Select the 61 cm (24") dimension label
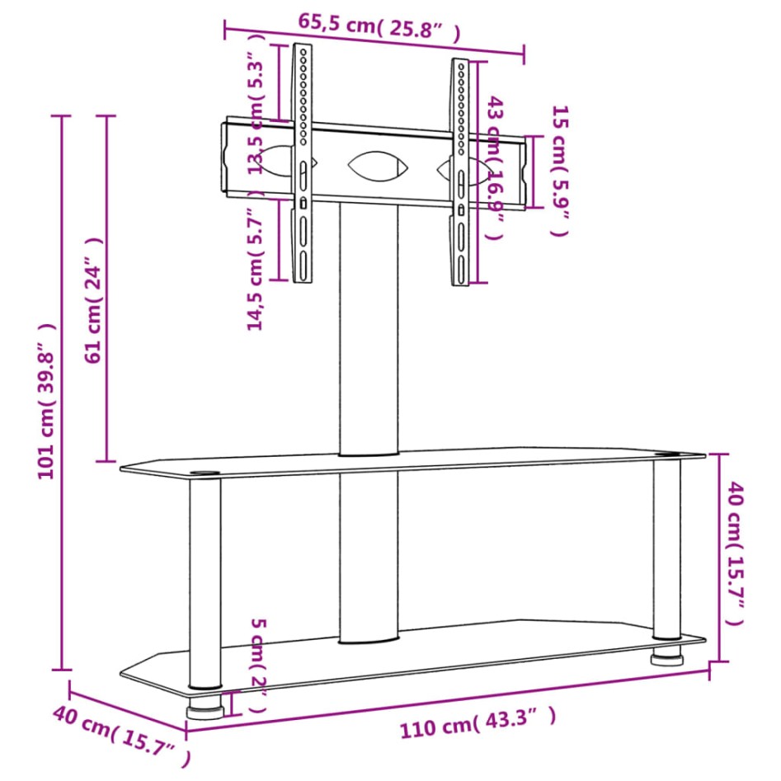pos(94,300)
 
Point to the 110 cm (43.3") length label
pos(478,723)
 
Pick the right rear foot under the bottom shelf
pos(666,659)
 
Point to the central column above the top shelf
pos(368,330)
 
